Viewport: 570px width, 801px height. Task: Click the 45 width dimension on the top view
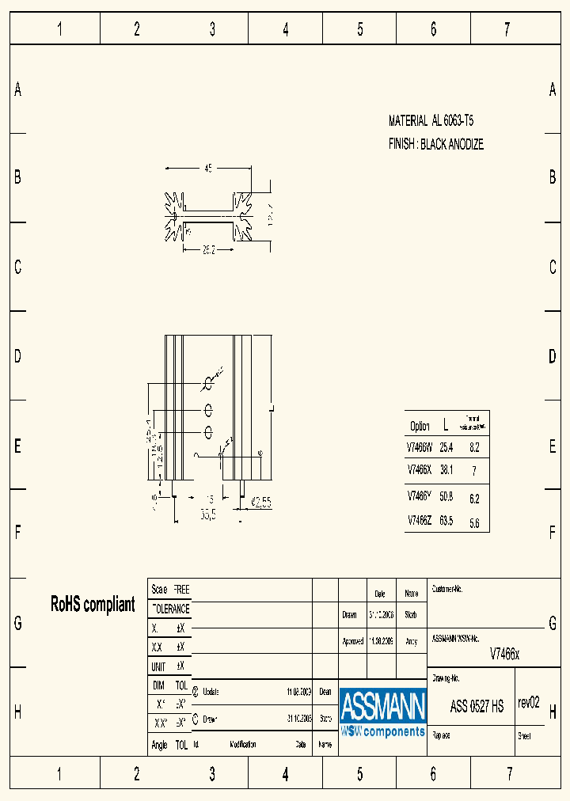tap(208, 169)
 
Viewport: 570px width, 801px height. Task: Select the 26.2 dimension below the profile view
tap(208, 250)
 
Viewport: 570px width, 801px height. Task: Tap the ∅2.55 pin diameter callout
tap(261, 502)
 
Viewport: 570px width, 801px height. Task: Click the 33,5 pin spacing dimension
tap(208, 514)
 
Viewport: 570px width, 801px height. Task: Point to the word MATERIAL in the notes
tap(408, 121)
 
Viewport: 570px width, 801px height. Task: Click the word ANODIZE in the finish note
tap(465, 145)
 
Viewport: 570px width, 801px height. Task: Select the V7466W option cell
tap(419, 447)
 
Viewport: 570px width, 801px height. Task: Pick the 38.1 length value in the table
tap(446, 469)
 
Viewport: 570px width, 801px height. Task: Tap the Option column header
tap(420, 427)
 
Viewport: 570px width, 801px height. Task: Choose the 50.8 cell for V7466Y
tap(446, 497)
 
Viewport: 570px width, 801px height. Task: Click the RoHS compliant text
tap(93, 605)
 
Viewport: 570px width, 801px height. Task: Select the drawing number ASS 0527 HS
tap(477, 707)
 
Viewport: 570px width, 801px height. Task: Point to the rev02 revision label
tap(528, 702)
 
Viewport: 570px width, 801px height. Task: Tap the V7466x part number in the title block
tap(504, 654)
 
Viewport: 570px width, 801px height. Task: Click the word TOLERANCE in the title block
tap(170, 609)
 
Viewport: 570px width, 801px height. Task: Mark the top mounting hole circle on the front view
tap(209, 384)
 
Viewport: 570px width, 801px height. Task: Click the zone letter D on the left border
tap(17, 356)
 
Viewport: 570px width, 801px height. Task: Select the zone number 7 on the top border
tap(507, 30)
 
